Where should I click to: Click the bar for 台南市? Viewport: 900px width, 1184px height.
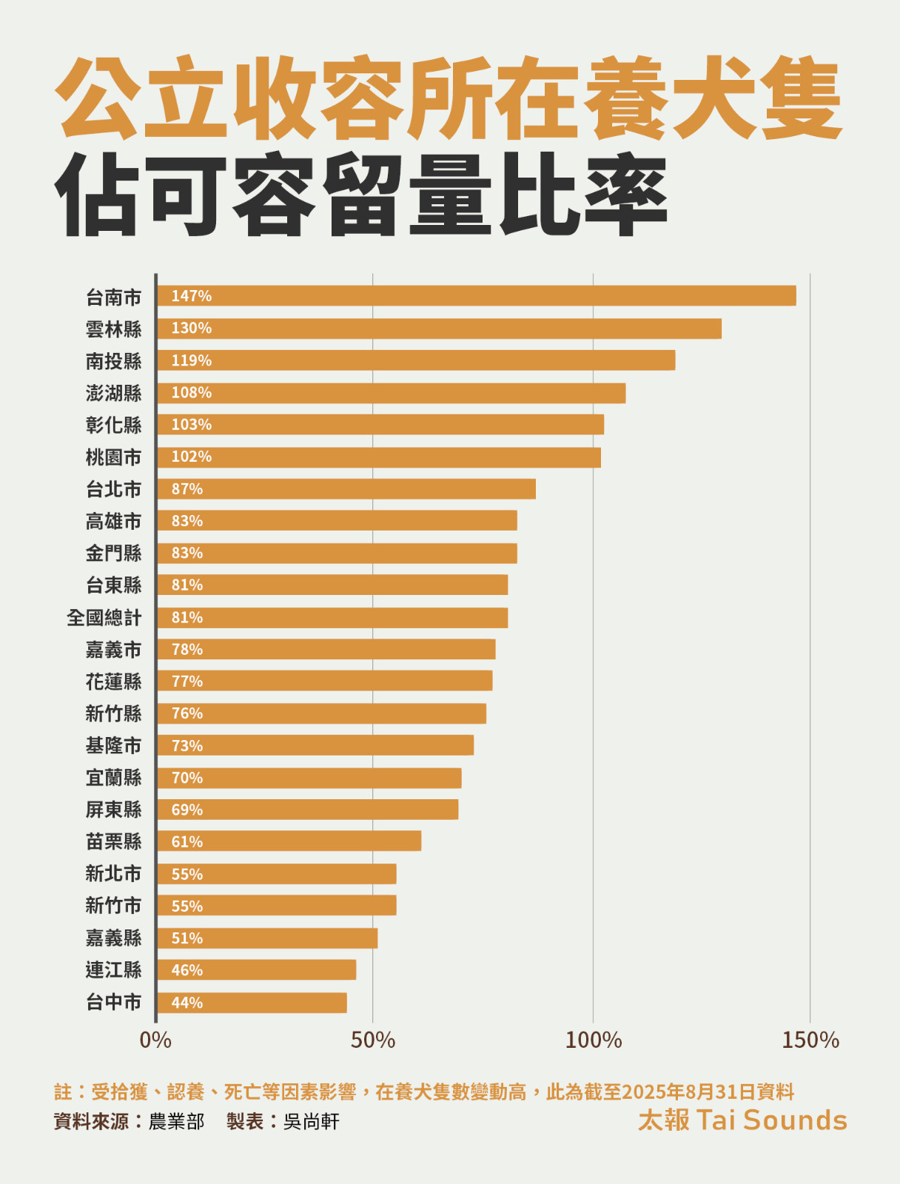click(477, 296)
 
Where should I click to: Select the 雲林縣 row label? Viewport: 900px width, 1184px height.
click(113, 329)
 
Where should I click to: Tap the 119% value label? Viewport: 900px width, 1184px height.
click(191, 360)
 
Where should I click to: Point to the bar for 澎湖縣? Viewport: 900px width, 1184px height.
click(391, 393)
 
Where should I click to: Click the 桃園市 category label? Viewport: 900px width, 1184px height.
click(113, 457)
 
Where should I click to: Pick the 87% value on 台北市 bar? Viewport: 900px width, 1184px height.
click(187, 489)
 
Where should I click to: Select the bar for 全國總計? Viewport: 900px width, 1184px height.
click(332, 618)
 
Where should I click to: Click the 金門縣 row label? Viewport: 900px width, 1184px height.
click(113, 554)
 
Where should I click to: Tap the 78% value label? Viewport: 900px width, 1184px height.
click(187, 650)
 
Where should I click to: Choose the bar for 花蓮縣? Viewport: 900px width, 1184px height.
click(324, 682)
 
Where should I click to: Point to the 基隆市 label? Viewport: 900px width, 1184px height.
click(113, 746)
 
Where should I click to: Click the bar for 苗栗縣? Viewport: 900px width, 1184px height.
click(289, 841)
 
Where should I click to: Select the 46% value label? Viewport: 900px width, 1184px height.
click(187, 970)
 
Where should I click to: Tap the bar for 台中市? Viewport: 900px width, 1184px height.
click(252, 1003)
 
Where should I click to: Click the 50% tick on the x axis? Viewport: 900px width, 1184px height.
click(373, 1040)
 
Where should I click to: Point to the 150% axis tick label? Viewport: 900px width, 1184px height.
click(810, 1040)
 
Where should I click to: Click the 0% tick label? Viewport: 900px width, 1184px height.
click(155, 1040)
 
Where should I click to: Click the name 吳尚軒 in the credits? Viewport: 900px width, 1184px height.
click(311, 1122)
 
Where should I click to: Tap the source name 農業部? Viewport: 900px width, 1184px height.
click(176, 1122)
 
